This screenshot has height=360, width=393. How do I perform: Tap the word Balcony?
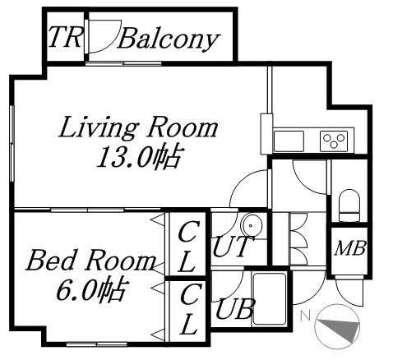click(x=168, y=38)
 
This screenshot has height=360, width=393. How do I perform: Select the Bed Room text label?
click(x=90, y=261)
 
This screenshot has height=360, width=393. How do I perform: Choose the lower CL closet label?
click(x=188, y=309)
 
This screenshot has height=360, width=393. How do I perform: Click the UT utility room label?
click(x=231, y=247)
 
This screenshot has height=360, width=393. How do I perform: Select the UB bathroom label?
click(x=233, y=310)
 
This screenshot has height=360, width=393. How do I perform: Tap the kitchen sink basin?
click(x=289, y=137)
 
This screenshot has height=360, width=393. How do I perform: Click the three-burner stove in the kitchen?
click(x=335, y=138)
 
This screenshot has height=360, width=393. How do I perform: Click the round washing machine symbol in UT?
click(x=252, y=223)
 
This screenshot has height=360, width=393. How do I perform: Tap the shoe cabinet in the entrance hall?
click(x=297, y=234)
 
